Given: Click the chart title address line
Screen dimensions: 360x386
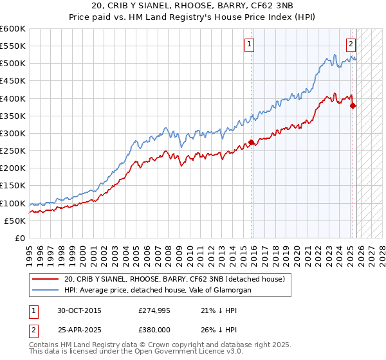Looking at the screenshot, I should click(x=193, y=6).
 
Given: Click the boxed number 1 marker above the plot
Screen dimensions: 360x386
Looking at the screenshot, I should click(x=249, y=44).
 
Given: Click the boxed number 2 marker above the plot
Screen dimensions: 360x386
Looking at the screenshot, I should click(x=351, y=44).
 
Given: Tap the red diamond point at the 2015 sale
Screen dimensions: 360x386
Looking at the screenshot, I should click(x=251, y=142).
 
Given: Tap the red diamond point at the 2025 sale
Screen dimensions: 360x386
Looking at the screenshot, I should click(x=353, y=106).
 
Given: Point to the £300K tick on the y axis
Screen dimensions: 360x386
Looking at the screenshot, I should click(x=13, y=133).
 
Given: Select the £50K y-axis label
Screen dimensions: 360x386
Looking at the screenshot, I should click(x=15, y=221).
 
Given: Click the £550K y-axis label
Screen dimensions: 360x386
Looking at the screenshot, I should click(x=13, y=46).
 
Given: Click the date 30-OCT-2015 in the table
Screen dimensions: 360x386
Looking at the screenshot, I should click(x=79, y=310).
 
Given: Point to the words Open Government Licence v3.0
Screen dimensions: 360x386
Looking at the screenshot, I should click(x=183, y=352).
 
